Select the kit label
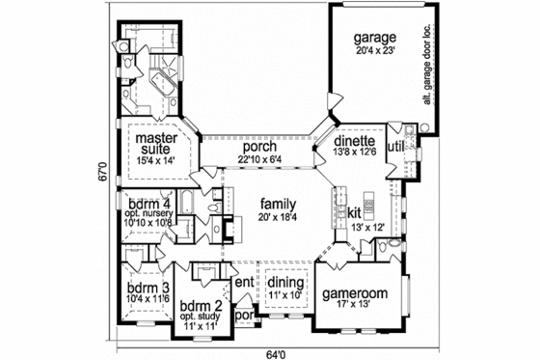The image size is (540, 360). point(354,211)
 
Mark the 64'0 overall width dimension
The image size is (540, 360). point(277,352)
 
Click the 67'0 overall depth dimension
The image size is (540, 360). point(101,181)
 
